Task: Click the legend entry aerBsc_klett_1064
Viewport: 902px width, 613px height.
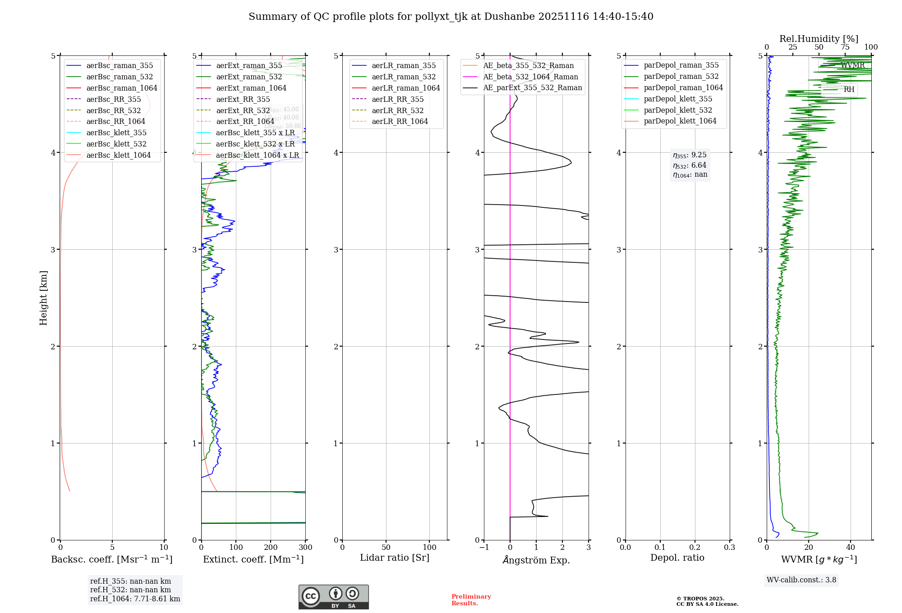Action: [x=118, y=155]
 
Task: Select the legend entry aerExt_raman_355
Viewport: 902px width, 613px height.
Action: [x=249, y=65]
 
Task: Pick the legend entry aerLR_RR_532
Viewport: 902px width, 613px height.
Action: [x=397, y=110]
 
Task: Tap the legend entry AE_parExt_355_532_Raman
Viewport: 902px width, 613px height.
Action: [x=532, y=87]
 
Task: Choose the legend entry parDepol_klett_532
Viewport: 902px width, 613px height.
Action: [x=678, y=110]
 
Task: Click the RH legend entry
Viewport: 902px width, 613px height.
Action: [x=849, y=89]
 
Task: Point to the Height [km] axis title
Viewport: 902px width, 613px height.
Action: [x=43, y=298]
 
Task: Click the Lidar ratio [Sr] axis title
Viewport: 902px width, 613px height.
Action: [x=395, y=558]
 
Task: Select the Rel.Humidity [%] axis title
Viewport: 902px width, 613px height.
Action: [x=819, y=39]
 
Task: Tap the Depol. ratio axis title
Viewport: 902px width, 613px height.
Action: [x=677, y=558]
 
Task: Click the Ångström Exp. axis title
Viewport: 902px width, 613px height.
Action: [x=536, y=560]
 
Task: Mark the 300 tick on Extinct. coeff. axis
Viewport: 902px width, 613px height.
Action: [x=305, y=548]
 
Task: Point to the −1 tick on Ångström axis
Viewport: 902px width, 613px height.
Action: [x=484, y=548]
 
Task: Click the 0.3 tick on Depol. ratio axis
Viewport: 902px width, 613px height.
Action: [x=729, y=548]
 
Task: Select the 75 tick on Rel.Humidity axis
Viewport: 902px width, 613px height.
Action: [x=845, y=47]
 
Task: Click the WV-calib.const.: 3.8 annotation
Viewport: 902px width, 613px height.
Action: [x=801, y=580]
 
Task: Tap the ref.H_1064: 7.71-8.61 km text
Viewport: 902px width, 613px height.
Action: [x=135, y=599]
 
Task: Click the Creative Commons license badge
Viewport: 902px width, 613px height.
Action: [x=333, y=597]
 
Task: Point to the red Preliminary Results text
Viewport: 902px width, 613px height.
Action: [x=471, y=600]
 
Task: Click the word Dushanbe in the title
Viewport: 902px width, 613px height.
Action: [x=507, y=17]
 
